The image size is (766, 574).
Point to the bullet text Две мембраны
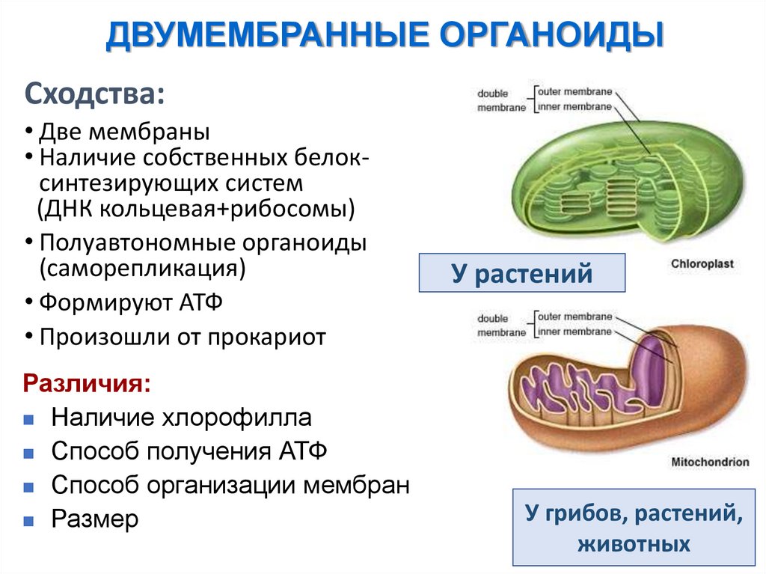[x=124, y=132]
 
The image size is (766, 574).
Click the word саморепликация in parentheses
[x=143, y=267]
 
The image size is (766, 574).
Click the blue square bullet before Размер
[x=28, y=520]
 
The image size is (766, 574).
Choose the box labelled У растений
[x=521, y=274]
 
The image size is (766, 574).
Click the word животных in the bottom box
[x=634, y=543]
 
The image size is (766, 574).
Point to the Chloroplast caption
[x=702, y=263]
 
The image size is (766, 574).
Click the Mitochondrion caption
[x=710, y=462]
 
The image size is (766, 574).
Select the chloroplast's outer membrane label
[x=574, y=92]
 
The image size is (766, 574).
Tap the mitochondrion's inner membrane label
[x=574, y=332]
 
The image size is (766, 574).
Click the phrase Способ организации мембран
[x=230, y=485]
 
